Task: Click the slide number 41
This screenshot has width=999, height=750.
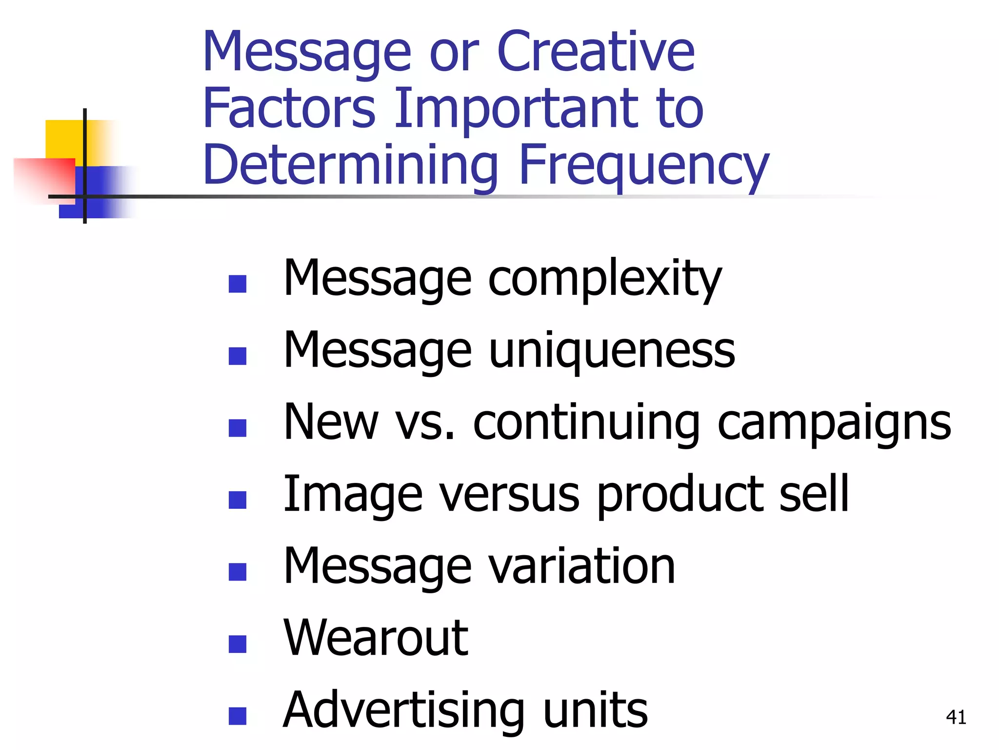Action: (x=956, y=717)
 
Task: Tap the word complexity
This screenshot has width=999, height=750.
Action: (x=605, y=278)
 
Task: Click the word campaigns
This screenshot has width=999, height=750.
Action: (x=834, y=422)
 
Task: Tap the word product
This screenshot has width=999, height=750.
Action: (x=678, y=494)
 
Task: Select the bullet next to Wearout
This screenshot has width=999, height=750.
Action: (x=238, y=644)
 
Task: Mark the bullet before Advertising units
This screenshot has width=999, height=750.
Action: (x=238, y=716)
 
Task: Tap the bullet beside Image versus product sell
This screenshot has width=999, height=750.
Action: (x=238, y=500)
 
